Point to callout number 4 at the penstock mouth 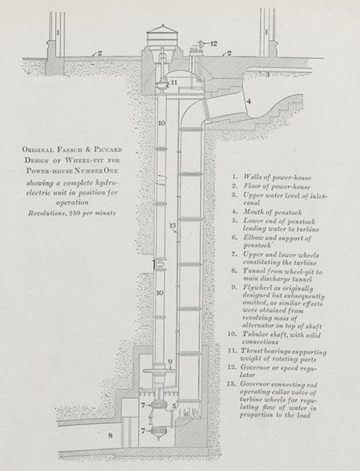tap(247, 100)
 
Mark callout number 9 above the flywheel tap(169, 362)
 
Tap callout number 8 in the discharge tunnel tap(111, 433)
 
